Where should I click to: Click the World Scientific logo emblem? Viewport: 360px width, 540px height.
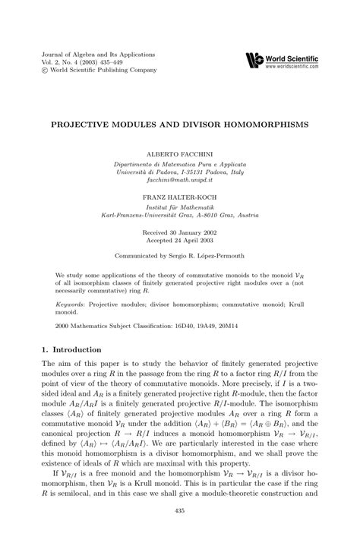[x=254, y=59]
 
